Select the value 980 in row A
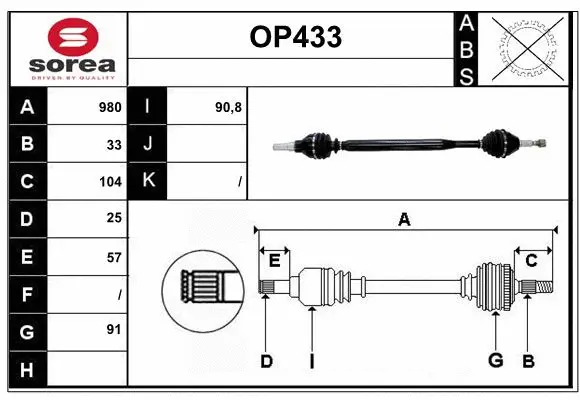[x=110, y=107]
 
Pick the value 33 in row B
[x=114, y=144]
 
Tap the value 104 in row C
[x=110, y=182]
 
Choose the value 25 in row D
[x=114, y=219]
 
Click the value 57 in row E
[x=114, y=257]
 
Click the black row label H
[x=27, y=370]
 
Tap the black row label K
[x=148, y=181]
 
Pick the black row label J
[x=148, y=144]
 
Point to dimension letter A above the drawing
[x=404, y=219]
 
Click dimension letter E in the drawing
[x=274, y=260]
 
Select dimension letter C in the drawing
[x=531, y=260]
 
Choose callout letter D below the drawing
[x=266, y=360]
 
